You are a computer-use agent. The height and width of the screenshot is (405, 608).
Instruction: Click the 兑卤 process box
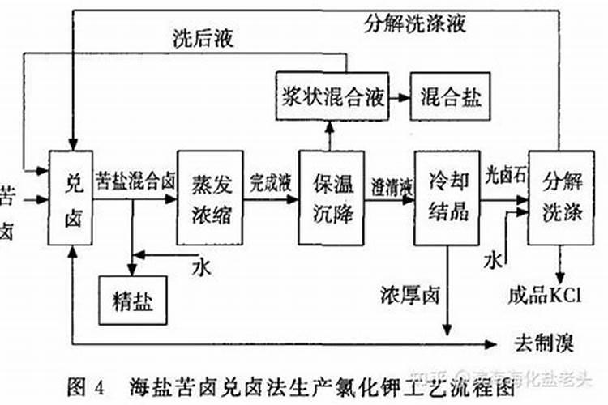coord(71,198)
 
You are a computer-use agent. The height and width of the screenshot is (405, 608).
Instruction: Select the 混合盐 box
coord(450,98)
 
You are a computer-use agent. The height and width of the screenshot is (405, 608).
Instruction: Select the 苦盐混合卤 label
coord(135,179)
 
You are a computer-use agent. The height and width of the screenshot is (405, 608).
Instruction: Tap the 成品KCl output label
coord(547,296)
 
